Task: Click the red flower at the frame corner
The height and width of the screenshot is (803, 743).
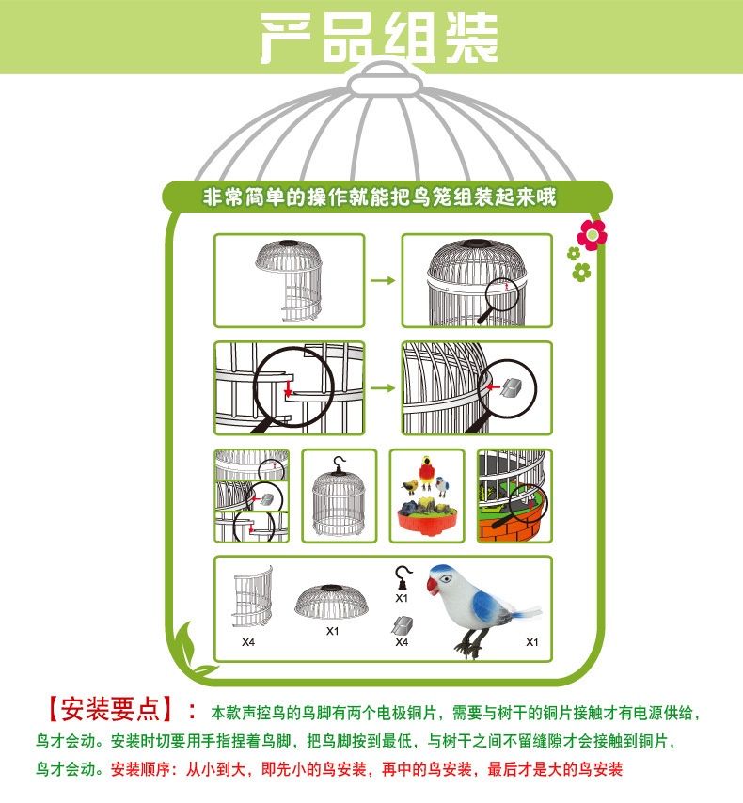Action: coord(592,235)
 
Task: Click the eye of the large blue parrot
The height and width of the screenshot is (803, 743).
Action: coord(445,578)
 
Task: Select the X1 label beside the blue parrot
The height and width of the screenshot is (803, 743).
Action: coord(532,641)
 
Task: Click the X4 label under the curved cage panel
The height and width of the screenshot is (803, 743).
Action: coord(248,641)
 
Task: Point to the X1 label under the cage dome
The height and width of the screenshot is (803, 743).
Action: coord(333,631)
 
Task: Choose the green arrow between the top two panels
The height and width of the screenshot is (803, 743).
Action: coord(383,280)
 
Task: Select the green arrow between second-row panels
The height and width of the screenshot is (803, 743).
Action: coord(383,388)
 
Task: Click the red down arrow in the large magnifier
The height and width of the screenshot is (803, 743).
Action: coord(288,387)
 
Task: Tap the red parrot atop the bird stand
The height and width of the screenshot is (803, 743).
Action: coord(426,473)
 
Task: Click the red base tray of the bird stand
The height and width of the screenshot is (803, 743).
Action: coord(427,522)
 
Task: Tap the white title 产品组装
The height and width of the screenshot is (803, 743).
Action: coord(379,38)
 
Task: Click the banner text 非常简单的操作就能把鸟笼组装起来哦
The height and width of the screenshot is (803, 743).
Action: coord(380,197)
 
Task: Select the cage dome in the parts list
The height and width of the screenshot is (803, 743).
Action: coord(332,602)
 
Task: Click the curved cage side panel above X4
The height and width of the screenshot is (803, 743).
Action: coord(253,596)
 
